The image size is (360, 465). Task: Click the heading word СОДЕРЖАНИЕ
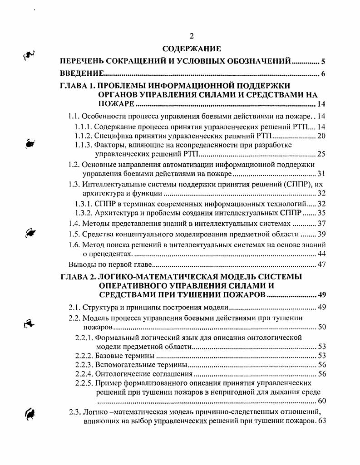point(191,49)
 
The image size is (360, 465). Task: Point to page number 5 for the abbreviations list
point(323,61)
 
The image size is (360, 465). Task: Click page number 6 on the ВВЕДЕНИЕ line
point(323,73)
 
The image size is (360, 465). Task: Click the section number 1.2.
point(74,164)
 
